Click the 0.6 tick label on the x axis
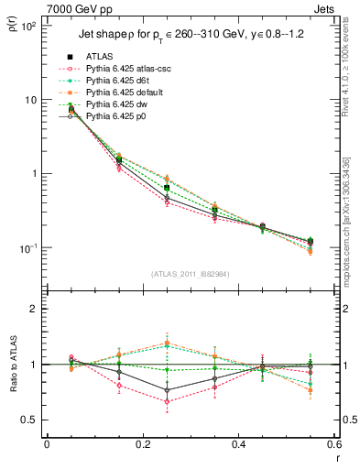pos(333,446)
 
